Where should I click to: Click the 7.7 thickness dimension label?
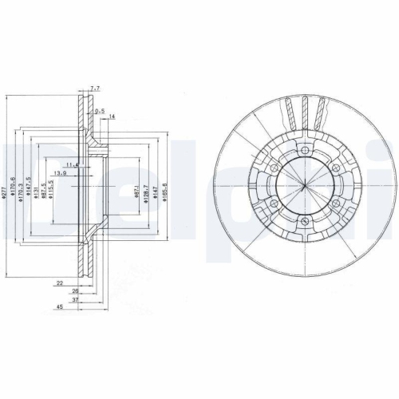click(x=96, y=89)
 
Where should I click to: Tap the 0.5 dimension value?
click(x=101, y=110)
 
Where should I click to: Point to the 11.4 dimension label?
click(x=73, y=164)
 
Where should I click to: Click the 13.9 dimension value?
click(x=60, y=172)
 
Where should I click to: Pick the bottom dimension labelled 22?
click(x=60, y=283)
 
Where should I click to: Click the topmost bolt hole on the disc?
click(x=305, y=152)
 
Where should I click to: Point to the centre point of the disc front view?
click(x=306, y=187)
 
